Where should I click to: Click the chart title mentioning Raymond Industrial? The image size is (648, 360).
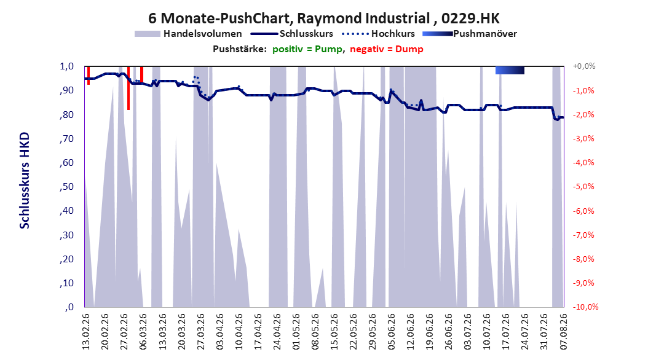click(x=323, y=18)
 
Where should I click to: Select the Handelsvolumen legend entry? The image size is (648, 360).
click(x=188, y=34)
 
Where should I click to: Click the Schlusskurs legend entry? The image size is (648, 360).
click(x=292, y=34)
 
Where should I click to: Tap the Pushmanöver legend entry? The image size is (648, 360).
click(x=470, y=34)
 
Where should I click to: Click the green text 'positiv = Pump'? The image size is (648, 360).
click(x=307, y=49)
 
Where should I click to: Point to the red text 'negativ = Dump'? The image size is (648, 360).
click(x=387, y=49)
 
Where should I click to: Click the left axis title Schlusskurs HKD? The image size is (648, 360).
click(x=25, y=181)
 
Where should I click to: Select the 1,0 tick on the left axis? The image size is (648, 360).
click(x=66, y=66)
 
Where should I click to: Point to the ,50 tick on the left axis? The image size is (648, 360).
click(x=66, y=187)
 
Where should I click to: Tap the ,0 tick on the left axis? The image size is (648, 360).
click(x=69, y=307)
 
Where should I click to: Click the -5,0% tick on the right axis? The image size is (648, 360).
click(x=583, y=187)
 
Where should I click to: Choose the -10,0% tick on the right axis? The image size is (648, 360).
click(x=585, y=307)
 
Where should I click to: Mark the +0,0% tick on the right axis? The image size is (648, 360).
click(x=584, y=66)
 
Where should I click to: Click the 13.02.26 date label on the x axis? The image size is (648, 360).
click(x=86, y=332)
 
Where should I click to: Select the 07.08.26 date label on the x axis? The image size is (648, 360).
click(x=564, y=332)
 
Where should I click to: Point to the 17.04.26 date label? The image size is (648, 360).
click(x=258, y=332)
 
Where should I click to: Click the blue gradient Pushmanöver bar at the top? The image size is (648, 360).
click(x=510, y=70)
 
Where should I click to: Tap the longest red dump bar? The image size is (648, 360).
click(x=128, y=88)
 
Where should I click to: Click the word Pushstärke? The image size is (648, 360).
click(x=240, y=49)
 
